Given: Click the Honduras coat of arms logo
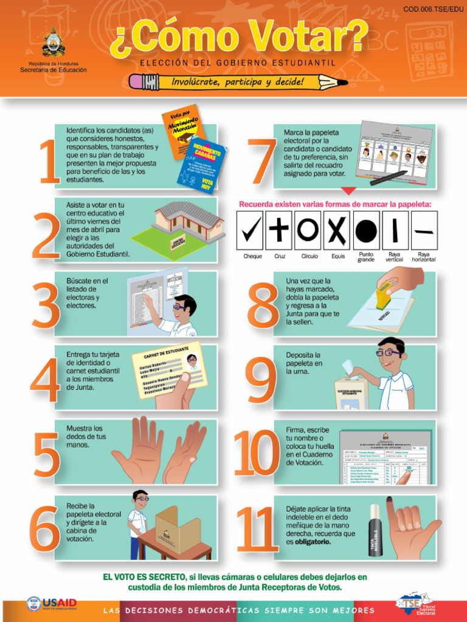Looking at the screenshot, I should point(54,43).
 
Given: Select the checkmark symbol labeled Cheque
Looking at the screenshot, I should point(252,230).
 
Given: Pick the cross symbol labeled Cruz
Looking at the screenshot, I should point(280,230).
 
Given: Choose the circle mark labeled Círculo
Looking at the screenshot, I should point(308,230).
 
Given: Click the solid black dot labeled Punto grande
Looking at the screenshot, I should point(366,230).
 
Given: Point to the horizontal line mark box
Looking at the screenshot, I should point(424,230).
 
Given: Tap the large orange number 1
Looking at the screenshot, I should point(49,161).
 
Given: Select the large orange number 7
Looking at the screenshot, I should point(262,161).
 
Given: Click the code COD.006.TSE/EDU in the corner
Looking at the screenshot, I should point(433,9).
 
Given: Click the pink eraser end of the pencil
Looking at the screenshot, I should point(136,81).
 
